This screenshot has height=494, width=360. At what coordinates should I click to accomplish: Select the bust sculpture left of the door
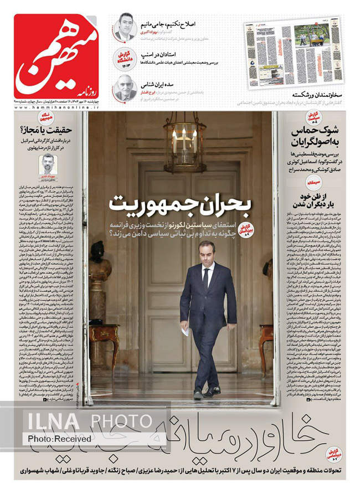point(99,261)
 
